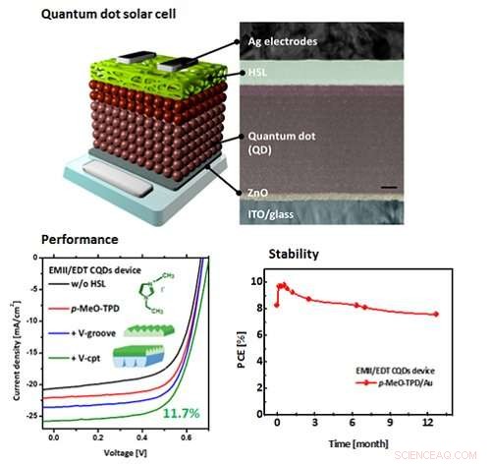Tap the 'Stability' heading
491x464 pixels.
(x=291, y=254)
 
